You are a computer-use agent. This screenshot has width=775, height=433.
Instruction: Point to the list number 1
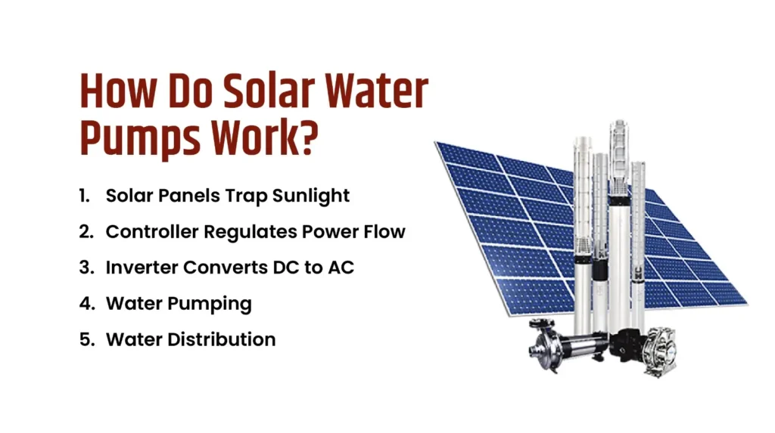pyautogui.click(x=83, y=196)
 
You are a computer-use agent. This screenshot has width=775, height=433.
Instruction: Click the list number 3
pyautogui.click(x=85, y=268)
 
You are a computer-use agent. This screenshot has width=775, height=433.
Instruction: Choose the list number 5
pyautogui.click(x=85, y=339)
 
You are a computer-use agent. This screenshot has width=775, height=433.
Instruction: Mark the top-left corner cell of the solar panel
pyautogui.click(x=452, y=153)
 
